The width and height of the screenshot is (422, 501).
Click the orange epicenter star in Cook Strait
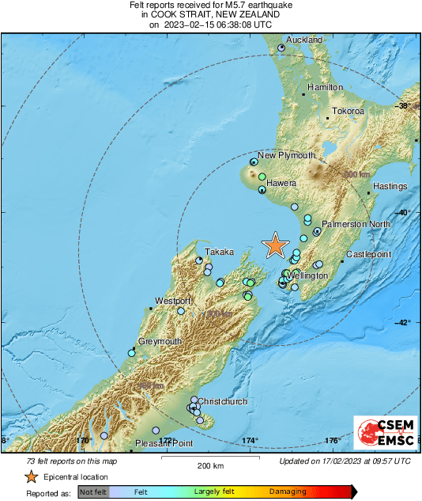tap(274, 245)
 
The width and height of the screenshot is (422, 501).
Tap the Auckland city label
tap(304, 40)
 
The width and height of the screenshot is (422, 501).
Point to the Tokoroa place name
tap(347, 112)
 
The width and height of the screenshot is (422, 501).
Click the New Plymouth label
tap(287, 155)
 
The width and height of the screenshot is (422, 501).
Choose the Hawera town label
tap(281, 184)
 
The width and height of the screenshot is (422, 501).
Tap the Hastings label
tap(390, 187)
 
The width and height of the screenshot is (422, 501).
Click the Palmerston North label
tap(356, 225)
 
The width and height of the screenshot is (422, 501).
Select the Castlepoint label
tap(368, 254)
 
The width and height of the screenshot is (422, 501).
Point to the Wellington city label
tap(307, 275)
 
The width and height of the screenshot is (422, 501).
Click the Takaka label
tap(220, 252)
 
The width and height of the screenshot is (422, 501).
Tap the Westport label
tap(173, 302)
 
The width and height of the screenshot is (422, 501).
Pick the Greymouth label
tap(160, 341)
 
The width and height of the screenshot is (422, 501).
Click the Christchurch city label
tap(222, 401)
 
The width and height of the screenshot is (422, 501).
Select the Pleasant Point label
tap(164, 443)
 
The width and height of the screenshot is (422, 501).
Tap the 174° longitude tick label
tap(251, 440)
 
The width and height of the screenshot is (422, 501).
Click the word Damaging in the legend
tap(288, 492)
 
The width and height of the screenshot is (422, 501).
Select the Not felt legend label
tap(92, 492)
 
